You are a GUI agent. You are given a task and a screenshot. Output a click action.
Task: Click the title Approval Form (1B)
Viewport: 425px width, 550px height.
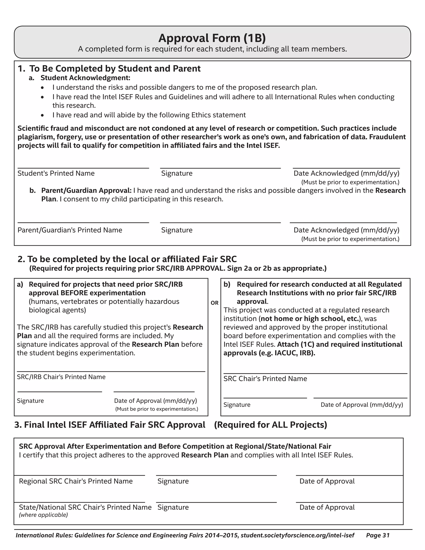point(212,38)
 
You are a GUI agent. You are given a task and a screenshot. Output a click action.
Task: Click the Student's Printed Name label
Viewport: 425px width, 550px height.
point(56,173)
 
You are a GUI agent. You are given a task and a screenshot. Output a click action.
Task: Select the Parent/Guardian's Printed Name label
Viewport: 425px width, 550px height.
point(70,230)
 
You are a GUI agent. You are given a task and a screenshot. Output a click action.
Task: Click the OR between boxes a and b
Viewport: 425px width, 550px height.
point(215,303)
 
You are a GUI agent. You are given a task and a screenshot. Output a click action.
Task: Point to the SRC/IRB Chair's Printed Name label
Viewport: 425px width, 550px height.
point(61,377)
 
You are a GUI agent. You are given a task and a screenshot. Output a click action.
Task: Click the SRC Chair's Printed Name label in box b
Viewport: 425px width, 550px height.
point(265,379)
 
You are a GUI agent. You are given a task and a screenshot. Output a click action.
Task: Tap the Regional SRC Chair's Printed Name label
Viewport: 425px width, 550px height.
point(76,481)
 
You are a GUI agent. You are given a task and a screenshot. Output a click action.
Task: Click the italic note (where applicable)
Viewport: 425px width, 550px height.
point(43,515)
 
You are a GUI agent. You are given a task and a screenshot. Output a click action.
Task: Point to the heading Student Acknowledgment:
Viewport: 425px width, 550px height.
point(85,78)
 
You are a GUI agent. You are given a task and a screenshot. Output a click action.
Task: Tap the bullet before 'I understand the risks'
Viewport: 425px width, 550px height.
point(43,88)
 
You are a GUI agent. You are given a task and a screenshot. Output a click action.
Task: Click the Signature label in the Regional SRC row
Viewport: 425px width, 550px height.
point(173,481)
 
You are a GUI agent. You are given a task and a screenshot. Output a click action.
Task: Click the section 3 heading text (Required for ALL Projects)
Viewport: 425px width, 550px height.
point(270,425)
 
